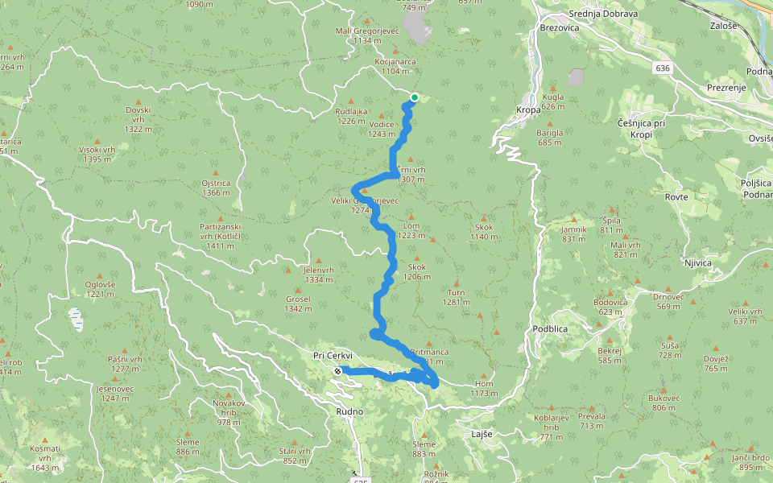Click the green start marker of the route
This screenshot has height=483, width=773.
pyautogui.click(x=414, y=98)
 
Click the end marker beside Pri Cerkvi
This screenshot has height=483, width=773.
pyautogui.click(x=337, y=371)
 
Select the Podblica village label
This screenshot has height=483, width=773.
pyautogui.click(x=551, y=329)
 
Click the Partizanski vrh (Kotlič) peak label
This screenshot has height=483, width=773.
pyautogui.click(x=221, y=236)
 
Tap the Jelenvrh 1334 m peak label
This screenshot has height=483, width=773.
pyautogui.click(x=319, y=275)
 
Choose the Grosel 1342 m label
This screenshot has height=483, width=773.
pyautogui.click(x=298, y=303)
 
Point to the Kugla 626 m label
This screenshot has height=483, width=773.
pyautogui.click(x=553, y=101)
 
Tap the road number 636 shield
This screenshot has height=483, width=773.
pyautogui.click(x=663, y=68)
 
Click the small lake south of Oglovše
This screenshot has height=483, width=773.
pyautogui.click(x=76, y=320)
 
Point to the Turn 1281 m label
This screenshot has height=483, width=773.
pyautogui.click(x=457, y=298)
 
